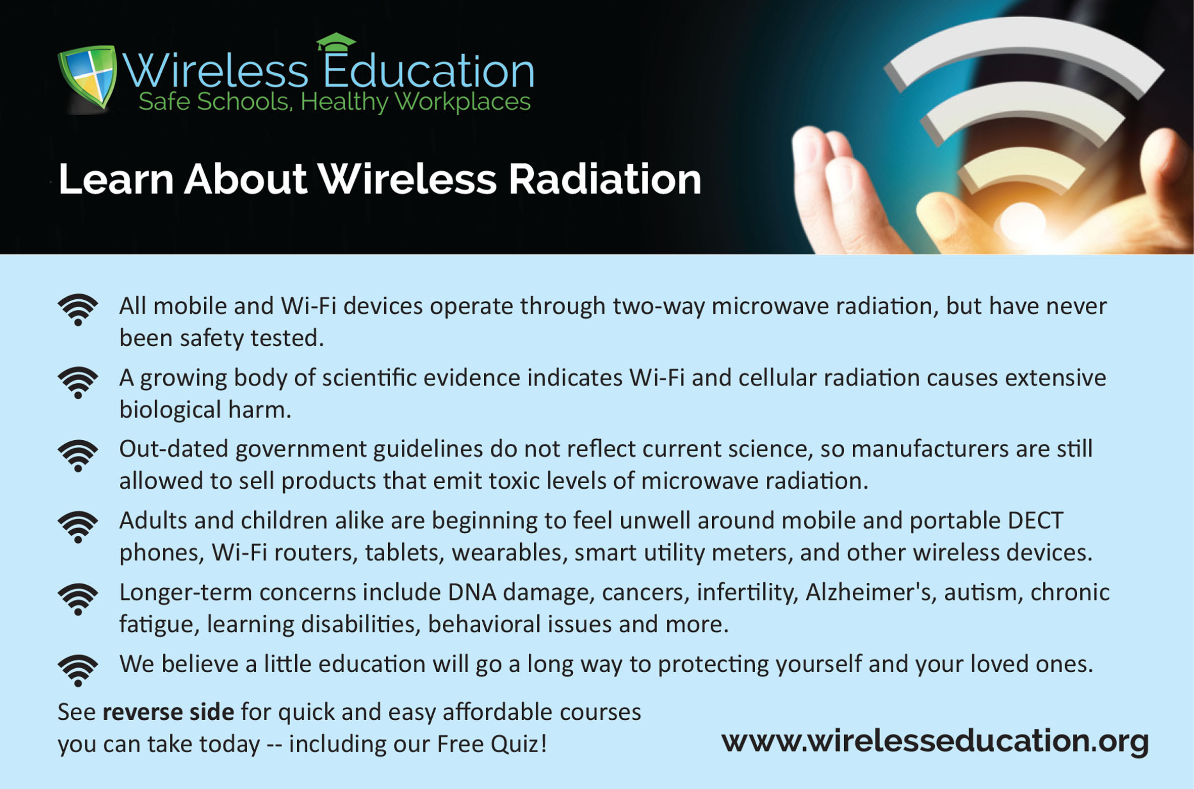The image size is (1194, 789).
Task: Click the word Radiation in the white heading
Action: [x=605, y=179]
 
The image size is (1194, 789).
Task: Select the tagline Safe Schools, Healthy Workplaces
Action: [x=335, y=102]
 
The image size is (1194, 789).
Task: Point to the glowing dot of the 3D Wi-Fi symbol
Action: [x=1023, y=223]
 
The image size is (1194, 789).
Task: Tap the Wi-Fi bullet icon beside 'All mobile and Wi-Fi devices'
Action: [x=78, y=309]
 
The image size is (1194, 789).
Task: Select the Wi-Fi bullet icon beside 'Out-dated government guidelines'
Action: [x=78, y=455]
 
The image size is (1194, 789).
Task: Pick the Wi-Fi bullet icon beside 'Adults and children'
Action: [x=78, y=527]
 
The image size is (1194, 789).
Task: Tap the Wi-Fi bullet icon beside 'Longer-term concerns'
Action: [x=78, y=599]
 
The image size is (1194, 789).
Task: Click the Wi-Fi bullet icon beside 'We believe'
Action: [x=78, y=671]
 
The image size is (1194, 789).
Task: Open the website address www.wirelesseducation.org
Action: [x=935, y=741]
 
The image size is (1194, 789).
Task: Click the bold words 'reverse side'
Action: [x=168, y=712]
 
